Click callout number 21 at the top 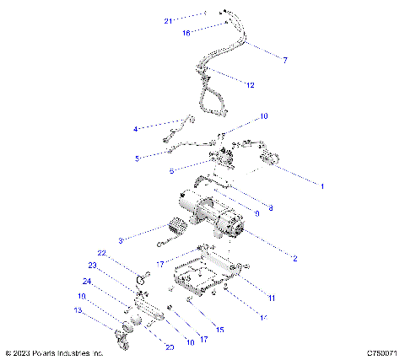click(167, 20)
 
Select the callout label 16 click(186, 32)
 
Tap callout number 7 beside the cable click(285, 61)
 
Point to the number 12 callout click(251, 85)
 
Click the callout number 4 click(135, 129)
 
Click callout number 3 click(121, 241)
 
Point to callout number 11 click(271, 298)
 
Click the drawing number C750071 click(382, 353)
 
